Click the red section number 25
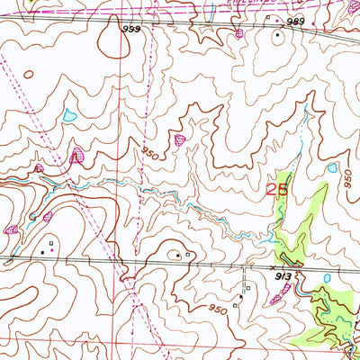[x=277, y=190]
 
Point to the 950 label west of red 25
[x=149, y=155]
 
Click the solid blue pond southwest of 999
[x=69, y=115]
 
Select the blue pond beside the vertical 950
[x=333, y=167]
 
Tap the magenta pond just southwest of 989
[x=238, y=35]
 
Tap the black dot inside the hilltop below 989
[x=278, y=37]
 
